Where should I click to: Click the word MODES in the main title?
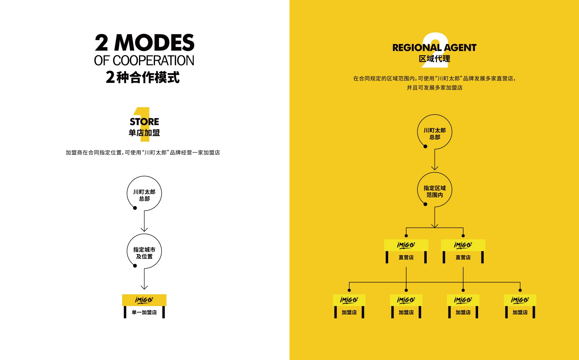(154, 43)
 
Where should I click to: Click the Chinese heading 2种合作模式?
(143, 77)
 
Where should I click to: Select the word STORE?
(144, 122)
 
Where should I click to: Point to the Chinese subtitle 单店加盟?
(144, 133)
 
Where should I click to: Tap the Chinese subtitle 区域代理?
(435, 59)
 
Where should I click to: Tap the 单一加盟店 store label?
(144, 312)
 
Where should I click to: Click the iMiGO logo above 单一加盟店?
(144, 300)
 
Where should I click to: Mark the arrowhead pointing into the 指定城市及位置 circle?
(144, 230)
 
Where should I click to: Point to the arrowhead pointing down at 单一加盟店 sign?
(144, 287)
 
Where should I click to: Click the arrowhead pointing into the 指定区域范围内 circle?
(435, 168)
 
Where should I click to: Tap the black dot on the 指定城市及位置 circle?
(135, 266)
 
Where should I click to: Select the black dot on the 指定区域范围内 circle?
(425, 204)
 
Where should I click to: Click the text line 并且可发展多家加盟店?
(435, 88)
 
